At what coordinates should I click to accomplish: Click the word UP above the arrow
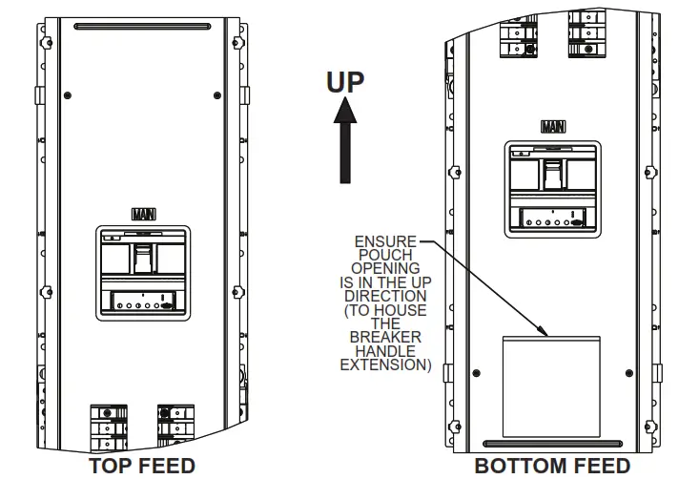click(x=345, y=82)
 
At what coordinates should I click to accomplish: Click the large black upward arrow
click(x=345, y=140)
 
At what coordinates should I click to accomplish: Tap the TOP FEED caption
click(x=143, y=466)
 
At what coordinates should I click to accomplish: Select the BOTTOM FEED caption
click(x=552, y=466)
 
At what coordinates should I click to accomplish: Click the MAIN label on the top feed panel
click(x=144, y=215)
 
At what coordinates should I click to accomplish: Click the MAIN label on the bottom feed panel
click(x=553, y=127)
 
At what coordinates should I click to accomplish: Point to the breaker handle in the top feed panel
click(x=143, y=259)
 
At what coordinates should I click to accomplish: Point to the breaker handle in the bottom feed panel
click(x=553, y=174)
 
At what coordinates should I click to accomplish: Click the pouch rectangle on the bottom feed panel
click(x=551, y=386)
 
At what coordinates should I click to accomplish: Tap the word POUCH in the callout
click(x=385, y=255)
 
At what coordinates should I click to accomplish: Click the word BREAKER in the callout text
click(x=385, y=337)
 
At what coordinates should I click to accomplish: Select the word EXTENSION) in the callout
click(x=386, y=364)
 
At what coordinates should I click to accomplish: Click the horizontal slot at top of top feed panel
click(x=143, y=27)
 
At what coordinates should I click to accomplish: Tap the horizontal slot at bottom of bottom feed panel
click(x=553, y=444)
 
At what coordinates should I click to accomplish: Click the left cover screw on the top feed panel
click(x=68, y=95)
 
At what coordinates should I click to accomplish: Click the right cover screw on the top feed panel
click(x=217, y=95)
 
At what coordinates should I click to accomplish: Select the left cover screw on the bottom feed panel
click(x=477, y=373)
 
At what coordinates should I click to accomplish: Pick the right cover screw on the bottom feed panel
click(x=629, y=373)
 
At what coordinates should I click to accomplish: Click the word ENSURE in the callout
click(x=385, y=241)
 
